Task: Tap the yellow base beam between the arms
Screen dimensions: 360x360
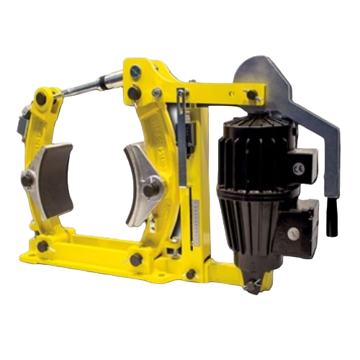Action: [x=86, y=253]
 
